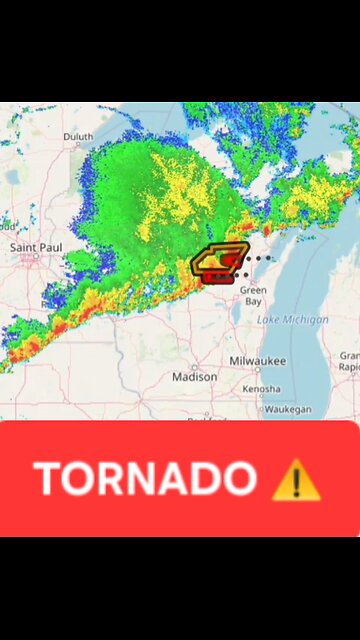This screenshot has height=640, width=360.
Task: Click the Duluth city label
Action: point(78,137)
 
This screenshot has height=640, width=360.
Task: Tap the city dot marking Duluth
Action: point(73,147)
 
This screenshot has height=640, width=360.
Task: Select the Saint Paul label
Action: point(36,246)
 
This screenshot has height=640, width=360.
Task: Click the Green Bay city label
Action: point(253,295)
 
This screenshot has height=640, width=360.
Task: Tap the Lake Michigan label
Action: point(293,320)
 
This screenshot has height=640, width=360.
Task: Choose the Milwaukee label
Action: point(257,360)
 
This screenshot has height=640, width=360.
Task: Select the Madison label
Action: point(194,377)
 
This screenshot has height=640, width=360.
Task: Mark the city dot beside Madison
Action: point(195,367)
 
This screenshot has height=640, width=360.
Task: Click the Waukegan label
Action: point(287,409)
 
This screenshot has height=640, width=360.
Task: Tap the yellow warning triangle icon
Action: point(296,480)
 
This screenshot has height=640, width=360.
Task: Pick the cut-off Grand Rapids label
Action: point(350,361)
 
